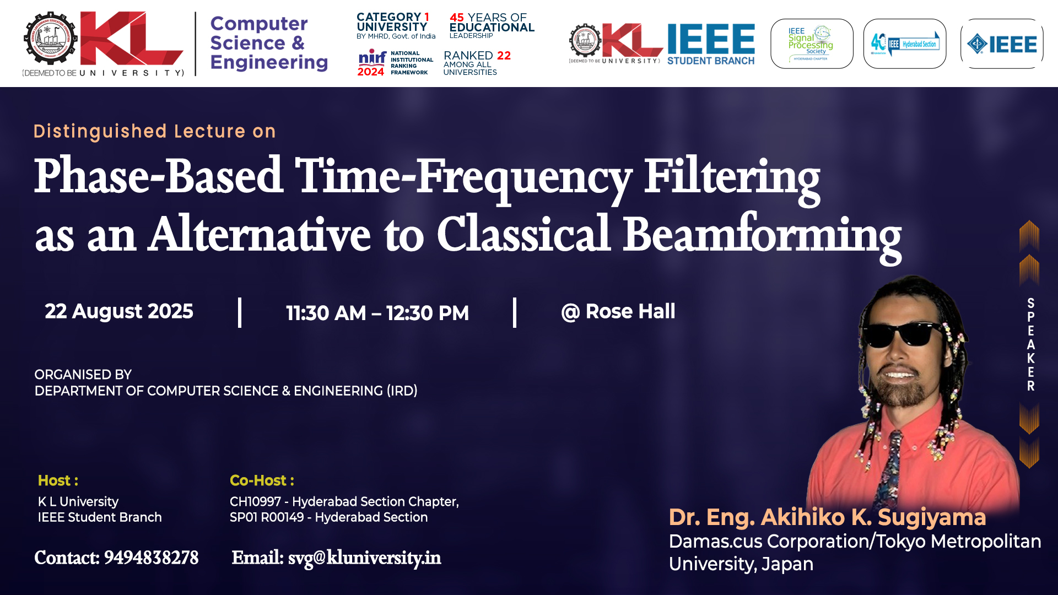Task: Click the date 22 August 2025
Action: click(x=119, y=311)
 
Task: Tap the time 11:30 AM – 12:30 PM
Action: click(x=377, y=313)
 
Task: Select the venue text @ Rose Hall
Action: click(x=618, y=311)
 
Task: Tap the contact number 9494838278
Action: click(x=151, y=558)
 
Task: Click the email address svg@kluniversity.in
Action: click(x=364, y=558)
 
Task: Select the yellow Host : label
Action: click(x=58, y=480)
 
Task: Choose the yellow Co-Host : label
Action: click(x=262, y=480)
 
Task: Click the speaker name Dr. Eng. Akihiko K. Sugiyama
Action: click(x=827, y=517)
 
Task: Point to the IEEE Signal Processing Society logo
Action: click(x=812, y=44)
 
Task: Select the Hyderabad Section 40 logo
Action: click(x=905, y=44)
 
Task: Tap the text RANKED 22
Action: click(x=477, y=56)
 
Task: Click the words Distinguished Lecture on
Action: click(x=155, y=131)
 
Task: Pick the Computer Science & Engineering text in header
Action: click(x=269, y=43)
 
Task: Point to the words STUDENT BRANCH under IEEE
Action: click(x=711, y=61)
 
